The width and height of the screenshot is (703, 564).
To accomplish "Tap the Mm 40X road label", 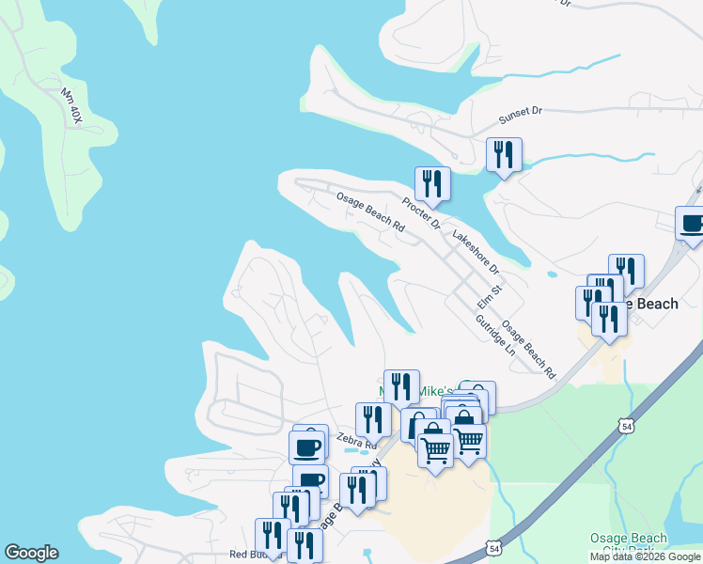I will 70,106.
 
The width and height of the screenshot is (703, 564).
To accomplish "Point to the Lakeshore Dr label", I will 476,253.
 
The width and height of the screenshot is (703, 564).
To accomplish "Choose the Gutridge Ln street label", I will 495,334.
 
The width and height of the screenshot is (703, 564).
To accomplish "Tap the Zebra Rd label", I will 356,440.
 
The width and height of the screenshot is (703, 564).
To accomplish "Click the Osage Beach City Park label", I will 629,544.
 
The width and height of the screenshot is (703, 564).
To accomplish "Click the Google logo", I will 31,553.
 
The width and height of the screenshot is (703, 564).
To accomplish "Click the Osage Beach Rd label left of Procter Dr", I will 370,213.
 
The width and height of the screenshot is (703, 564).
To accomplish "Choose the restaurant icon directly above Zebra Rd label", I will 373,418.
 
